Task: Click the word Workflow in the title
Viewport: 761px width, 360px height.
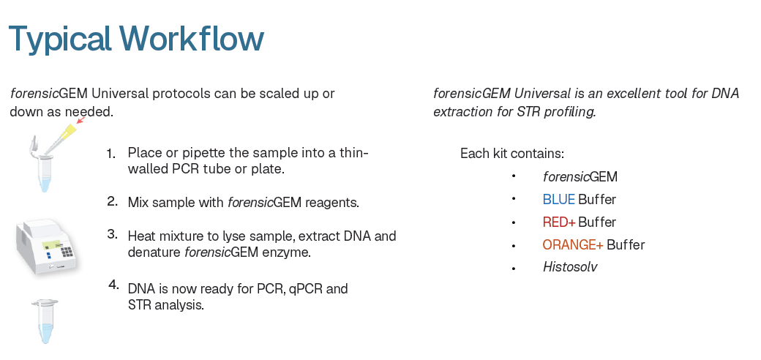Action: coord(192,38)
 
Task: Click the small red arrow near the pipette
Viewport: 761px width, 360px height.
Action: coord(80,120)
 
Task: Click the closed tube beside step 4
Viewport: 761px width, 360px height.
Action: coord(45,321)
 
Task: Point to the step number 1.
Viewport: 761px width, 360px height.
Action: coord(111,154)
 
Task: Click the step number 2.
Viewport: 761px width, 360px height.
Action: coord(113,201)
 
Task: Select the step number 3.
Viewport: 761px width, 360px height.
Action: coord(113,234)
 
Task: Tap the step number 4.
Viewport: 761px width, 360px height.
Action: coord(113,285)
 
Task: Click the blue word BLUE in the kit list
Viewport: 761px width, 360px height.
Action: coord(558,200)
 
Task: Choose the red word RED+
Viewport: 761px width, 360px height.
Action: coord(559,222)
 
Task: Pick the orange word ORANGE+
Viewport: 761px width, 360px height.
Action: coord(573,244)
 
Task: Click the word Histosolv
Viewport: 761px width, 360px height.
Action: coord(570,267)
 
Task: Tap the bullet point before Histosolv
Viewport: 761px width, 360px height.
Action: coord(514,269)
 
